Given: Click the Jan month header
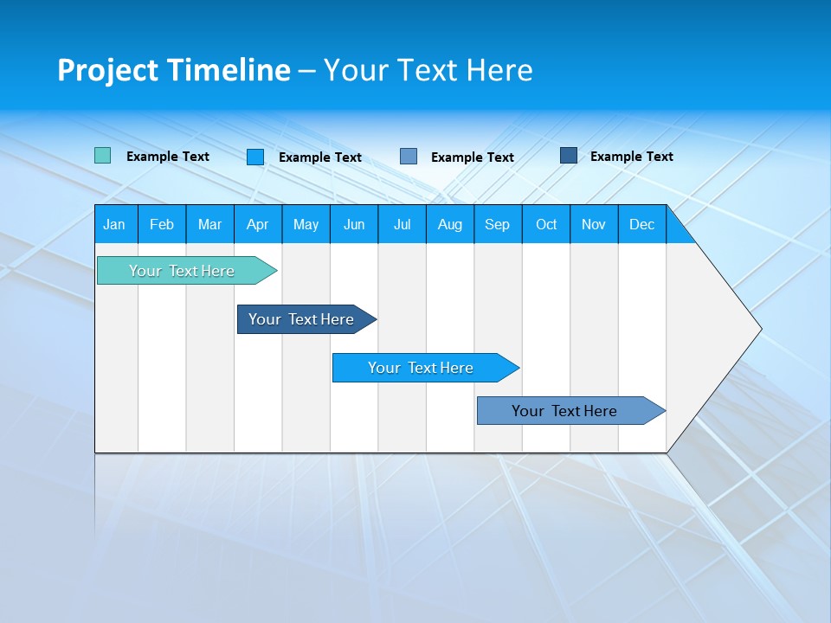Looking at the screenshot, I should point(114,224).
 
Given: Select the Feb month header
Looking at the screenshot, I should point(162,224).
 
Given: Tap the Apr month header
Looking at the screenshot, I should point(257,224).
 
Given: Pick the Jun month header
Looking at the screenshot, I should point(354,224).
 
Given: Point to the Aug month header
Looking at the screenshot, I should point(449,224).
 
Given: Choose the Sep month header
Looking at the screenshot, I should point(497,224).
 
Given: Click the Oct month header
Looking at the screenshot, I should point(546,224).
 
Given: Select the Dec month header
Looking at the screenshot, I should point(641,224).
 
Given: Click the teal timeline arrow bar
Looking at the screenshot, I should point(182,271).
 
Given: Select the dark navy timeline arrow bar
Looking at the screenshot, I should point(301,319).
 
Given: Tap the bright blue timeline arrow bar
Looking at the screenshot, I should point(421,368).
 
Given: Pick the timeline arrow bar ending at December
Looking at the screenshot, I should point(564,411).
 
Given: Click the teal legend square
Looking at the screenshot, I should point(102,156).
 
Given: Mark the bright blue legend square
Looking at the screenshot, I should point(255,157).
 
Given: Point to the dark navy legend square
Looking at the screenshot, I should point(569,156).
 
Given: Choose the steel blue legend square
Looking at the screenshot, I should point(409,156).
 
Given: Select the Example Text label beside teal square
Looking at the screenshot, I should point(168,157).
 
